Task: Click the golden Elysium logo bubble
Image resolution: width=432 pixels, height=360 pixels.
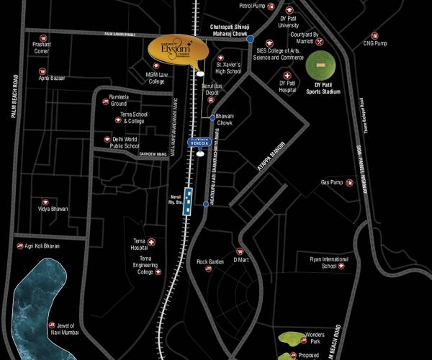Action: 177,50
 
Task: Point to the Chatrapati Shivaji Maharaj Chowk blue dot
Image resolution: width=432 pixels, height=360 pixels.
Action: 250,40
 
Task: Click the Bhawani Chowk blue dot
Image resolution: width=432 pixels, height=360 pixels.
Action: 212,117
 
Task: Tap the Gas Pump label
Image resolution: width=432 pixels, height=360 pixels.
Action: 331,182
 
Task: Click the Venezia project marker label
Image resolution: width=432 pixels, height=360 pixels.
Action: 199,143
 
